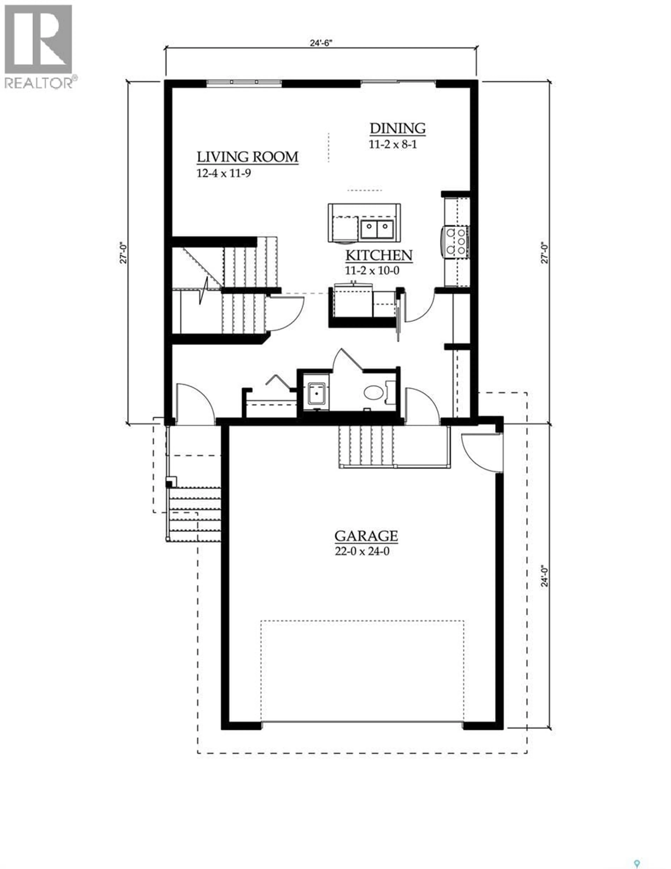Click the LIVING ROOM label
247,157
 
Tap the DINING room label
397,128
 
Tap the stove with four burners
456,241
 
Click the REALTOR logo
39,46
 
